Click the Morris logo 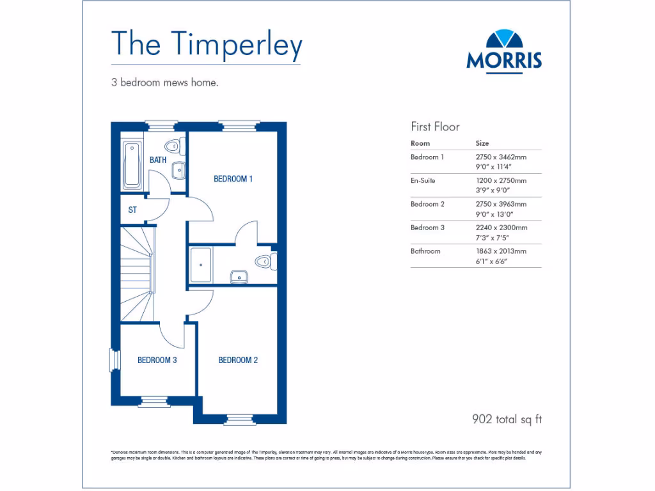(x=504, y=51)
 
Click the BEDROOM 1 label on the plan (x=233, y=179)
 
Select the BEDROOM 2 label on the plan (x=238, y=361)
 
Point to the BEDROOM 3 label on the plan (x=157, y=361)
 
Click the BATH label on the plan (x=158, y=160)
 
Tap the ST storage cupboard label (x=132, y=210)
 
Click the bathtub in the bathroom (x=133, y=165)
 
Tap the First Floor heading (x=435, y=127)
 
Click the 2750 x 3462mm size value (x=500, y=157)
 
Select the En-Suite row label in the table (x=423, y=180)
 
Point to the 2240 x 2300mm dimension (x=501, y=228)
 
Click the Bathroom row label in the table (x=425, y=251)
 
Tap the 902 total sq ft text (x=507, y=419)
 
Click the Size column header (x=482, y=143)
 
